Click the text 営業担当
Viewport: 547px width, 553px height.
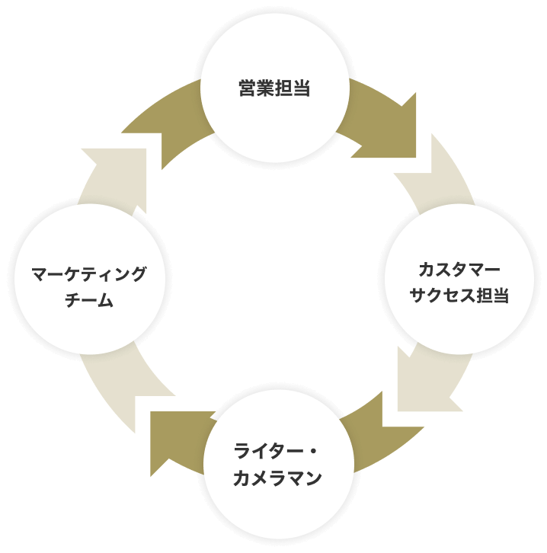click(x=273, y=89)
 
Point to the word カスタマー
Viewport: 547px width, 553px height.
click(x=459, y=270)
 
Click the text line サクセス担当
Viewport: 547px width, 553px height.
click(x=459, y=296)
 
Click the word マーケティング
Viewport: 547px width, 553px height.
click(x=89, y=274)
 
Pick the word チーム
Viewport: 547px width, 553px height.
click(x=89, y=300)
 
